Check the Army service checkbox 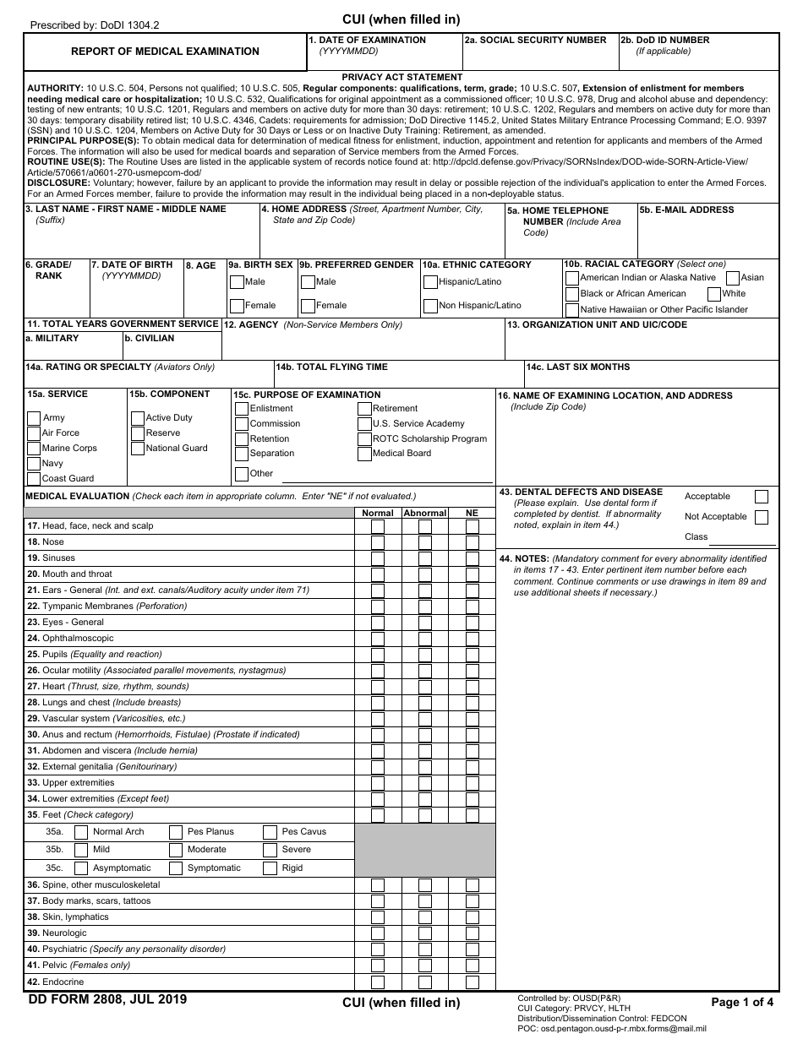[34, 417]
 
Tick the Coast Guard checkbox [34, 478]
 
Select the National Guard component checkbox [138, 448]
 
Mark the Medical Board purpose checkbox [365, 454]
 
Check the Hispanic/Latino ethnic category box [431, 282]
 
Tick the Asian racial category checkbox [733, 277]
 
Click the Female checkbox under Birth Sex [237, 306]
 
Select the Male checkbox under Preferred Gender [308, 282]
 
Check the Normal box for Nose [378, 542]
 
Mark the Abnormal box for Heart [425, 687]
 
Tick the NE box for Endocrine [473, 982]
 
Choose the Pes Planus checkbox [176, 832]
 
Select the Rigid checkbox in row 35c [270, 868]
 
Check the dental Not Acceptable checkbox [761, 517]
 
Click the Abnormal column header [425, 513]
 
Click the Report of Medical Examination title [165, 52]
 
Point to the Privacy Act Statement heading [401, 77]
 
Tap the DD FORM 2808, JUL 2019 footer [107, 1000]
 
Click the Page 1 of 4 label [742, 1003]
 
